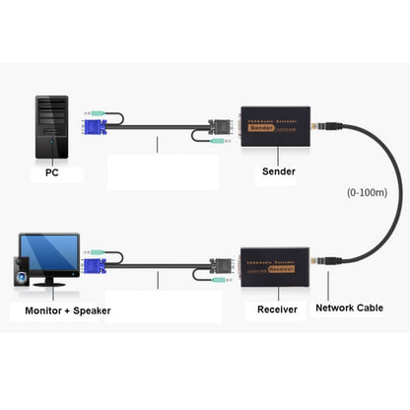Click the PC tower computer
[51, 128]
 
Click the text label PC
[51, 174]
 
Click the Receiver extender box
[273, 264]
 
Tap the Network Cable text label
[351, 308]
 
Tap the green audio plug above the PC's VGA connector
[92, 111]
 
